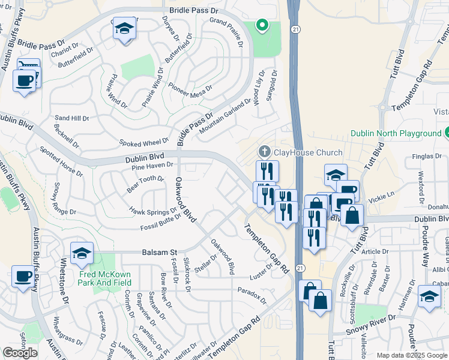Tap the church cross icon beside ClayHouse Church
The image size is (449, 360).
[264, 151]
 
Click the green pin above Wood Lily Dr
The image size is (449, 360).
[261, 25]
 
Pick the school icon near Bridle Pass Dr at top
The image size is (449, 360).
[124, 28]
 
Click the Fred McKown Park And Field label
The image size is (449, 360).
[105, 278]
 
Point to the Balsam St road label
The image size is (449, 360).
[157, 253]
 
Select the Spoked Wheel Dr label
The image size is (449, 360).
[144, 142]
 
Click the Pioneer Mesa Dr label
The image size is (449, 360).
[190, 90]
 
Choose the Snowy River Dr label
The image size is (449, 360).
[372, 324]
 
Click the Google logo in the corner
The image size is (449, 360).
[20, 353]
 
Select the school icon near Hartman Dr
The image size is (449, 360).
[429, 296]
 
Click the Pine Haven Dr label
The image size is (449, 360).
[153, 164]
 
